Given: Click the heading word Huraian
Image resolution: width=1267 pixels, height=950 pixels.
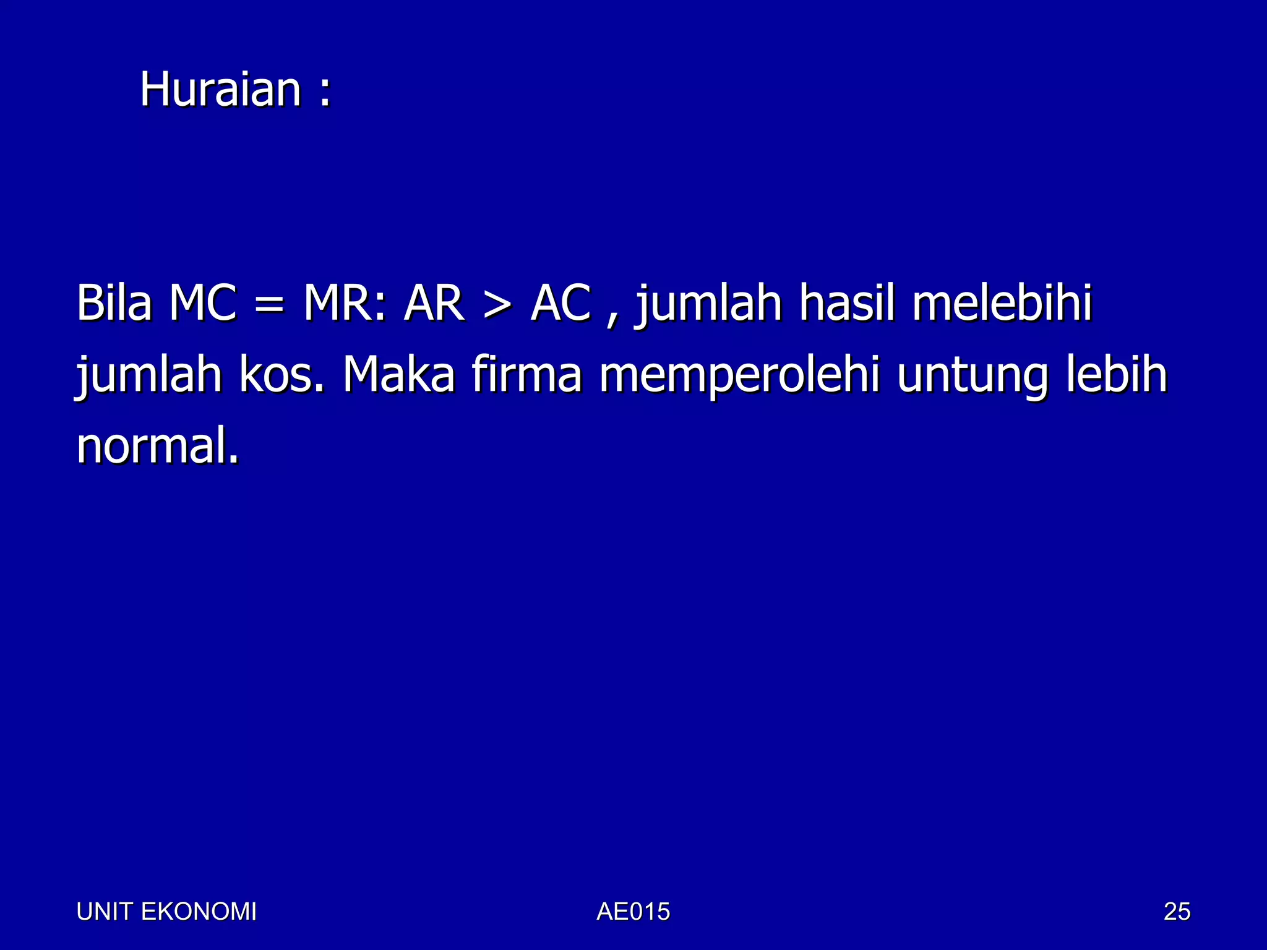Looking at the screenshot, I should (x=220, y=90).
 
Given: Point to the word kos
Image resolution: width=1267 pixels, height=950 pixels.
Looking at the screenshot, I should (x=281, y=375).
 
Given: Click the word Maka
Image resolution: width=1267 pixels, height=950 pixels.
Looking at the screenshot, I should (x=399, y=375).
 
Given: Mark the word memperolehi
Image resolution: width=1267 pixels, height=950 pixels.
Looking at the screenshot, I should (x=739, y=375).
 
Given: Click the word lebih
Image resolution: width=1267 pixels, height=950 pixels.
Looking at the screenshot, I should (x=1116, y=375).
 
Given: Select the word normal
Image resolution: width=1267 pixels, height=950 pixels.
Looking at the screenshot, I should (x=157, y=446).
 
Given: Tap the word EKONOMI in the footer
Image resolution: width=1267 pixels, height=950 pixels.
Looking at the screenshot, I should (x=199, y=912).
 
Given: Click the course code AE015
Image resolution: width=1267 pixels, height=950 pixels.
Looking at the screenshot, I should (x=633, y=912).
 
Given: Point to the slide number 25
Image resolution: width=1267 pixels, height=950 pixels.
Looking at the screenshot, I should (x=1177, y=912).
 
